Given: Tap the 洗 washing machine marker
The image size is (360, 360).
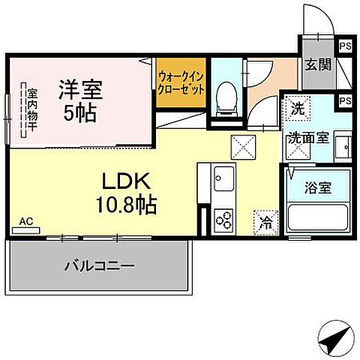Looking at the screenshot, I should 298,106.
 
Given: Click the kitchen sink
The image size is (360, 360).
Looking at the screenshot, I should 223,180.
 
